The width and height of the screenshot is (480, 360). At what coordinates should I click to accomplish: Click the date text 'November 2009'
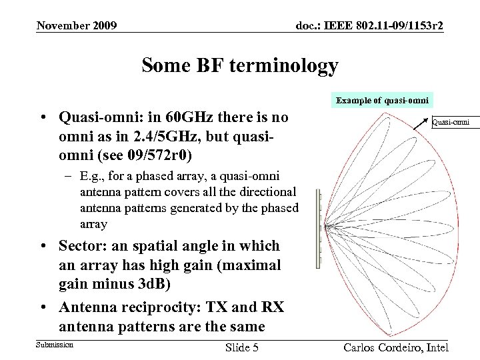click(77, 26)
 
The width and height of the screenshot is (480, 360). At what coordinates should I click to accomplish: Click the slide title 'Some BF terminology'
click(239, 67)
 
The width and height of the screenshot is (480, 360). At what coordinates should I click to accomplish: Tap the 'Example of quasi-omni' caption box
click(383, 100)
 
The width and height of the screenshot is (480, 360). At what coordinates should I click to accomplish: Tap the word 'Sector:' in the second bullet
click(83, 246)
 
